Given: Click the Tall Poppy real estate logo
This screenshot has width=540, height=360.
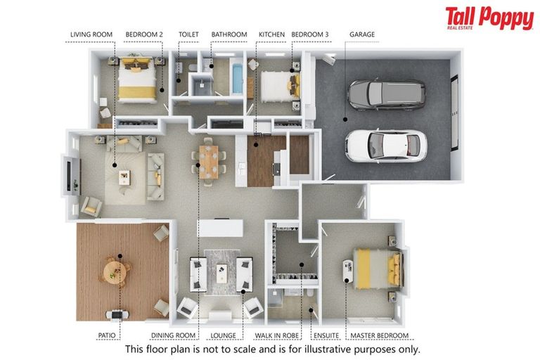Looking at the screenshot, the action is [x=489, y=18].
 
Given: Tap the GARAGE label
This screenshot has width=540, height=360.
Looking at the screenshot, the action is [x=362, y=34].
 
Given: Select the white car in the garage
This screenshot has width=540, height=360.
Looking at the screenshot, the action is [x=386, y=146].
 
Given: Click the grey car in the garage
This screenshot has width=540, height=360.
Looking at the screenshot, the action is [x=387, y=95].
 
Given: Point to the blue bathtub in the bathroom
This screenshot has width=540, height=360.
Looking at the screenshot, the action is [x=237, y=79].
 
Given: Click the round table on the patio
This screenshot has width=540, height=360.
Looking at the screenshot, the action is [x=115, y=272].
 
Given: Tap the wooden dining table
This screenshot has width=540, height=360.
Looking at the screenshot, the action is [x=209, y=162].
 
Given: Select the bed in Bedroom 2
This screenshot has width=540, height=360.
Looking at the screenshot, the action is [x=136, y=79].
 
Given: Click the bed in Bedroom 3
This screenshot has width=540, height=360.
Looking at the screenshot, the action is [x=280, y=86].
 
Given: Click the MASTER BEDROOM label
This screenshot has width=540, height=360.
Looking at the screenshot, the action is [x=379, y=335].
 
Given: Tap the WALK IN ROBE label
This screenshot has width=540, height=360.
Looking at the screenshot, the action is [x=276, y=335].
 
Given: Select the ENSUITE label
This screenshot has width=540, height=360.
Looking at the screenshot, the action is [x=326, y=335].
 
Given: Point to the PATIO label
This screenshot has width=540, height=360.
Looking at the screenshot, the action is [x=107, y=335].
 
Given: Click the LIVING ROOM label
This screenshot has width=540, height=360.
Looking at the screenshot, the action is [x=91, y=34].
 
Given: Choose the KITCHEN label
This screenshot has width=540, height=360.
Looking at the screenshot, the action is [x=271, y=34].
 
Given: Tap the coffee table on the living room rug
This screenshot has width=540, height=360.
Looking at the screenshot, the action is [x=124, y=177].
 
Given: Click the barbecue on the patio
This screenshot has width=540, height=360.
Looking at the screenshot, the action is [x=117, y=314].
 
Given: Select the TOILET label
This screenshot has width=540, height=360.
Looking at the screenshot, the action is [x=188, y=34].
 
